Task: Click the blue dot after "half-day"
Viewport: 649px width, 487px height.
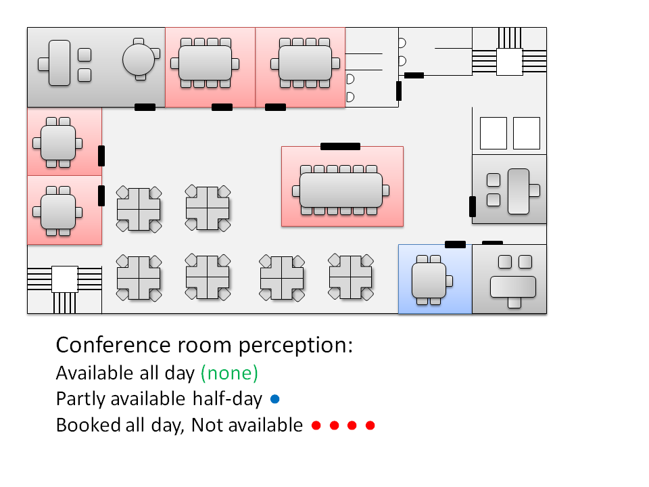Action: [274, 399]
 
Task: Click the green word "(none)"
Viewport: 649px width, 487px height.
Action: [230, 373]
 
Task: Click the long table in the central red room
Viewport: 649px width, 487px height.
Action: [341, 190]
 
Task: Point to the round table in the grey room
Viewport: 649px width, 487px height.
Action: [140, 58]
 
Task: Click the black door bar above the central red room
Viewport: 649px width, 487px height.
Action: [340, 146]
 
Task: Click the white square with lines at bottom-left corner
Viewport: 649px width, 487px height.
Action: [65, 279]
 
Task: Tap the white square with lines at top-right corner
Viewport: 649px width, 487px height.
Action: [510, 62]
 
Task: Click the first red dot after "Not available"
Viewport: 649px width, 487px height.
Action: [316, 425]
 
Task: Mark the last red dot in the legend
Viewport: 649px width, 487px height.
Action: [370, 425]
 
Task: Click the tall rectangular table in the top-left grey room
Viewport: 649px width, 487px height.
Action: [60, 63]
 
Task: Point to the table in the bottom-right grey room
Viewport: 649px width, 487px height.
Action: [512, 287]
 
